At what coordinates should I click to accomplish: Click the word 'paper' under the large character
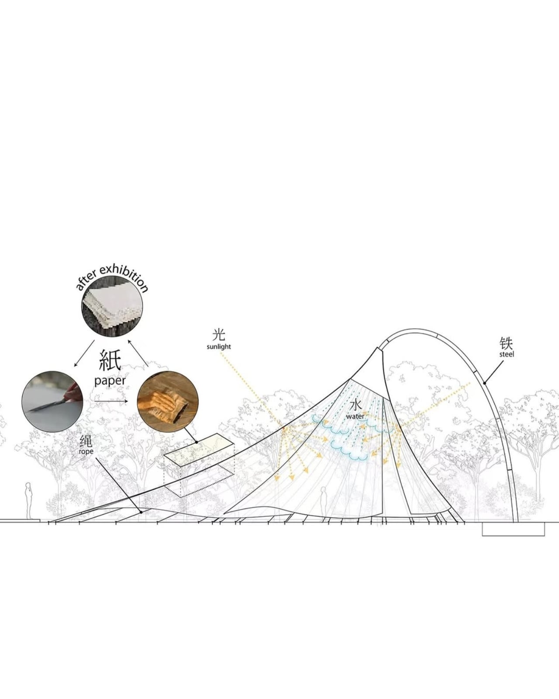[110, 381]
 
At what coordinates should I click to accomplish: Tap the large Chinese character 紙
[110, 360]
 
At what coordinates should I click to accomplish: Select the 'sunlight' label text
[219, 346]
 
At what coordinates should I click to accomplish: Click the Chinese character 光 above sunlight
[219, 335]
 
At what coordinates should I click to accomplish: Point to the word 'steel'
[507, 354]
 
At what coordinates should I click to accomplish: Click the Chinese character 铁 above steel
[507, 343]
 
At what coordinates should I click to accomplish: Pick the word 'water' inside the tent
[355, 416]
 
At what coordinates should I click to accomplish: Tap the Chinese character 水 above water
[355, 405]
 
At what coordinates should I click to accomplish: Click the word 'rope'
[86, 451]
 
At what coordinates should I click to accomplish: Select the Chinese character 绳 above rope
[86, 441]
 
